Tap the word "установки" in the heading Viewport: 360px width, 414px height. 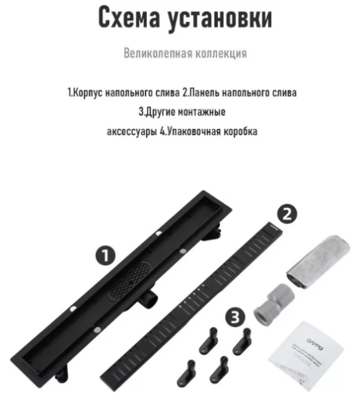pos(220,19)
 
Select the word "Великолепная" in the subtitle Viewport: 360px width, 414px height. pos(154,53)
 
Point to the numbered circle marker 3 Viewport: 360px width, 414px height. pos(236,317)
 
